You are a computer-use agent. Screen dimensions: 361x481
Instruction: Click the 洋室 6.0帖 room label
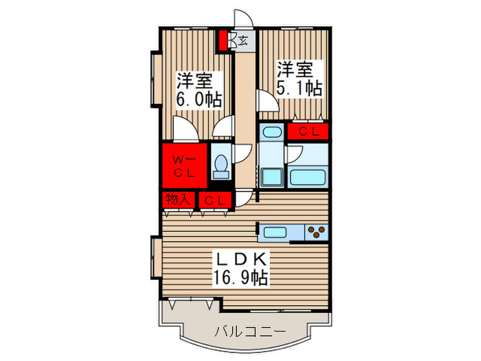[200, 89]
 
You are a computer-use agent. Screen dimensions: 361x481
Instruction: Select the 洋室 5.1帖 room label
[300, 78]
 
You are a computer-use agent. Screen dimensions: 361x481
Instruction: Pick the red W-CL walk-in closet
[184, 166]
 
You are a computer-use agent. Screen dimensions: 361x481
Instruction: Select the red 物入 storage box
[177, 199]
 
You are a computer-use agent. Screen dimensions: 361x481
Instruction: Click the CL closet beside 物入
[214, 200]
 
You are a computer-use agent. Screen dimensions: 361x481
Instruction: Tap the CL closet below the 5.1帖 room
[307, 131]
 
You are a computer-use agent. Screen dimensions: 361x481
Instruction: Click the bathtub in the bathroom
[306, 177]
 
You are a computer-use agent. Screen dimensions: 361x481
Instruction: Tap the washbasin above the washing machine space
[271, 133]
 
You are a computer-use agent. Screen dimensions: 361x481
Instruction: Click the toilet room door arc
[241, 155]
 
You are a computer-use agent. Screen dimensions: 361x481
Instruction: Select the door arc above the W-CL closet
[184, 129]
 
